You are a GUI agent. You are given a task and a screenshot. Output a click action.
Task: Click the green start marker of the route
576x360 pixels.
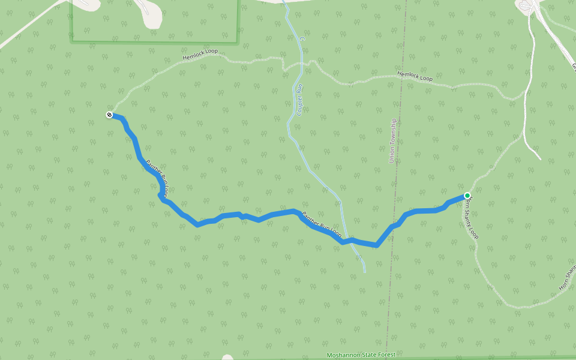467,196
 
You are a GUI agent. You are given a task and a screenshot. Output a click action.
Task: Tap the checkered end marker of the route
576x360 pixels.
110,115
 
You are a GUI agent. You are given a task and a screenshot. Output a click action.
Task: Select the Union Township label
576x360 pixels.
393,140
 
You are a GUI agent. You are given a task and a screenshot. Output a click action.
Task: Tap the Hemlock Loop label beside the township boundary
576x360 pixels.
415,77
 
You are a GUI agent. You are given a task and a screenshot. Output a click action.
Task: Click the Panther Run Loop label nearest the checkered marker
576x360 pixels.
157,176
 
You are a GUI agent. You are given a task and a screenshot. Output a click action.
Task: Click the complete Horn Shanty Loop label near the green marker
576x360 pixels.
471,217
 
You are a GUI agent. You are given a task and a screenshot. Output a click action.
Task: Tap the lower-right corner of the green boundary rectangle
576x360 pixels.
238,42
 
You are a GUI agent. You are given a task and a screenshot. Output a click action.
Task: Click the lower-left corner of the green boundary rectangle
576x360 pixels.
71,41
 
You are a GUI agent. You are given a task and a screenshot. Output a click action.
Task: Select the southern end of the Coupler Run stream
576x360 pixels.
364,272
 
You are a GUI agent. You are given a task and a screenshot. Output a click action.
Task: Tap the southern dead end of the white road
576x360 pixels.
540,159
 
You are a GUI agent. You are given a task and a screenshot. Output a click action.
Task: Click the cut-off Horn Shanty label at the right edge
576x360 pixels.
567,277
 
